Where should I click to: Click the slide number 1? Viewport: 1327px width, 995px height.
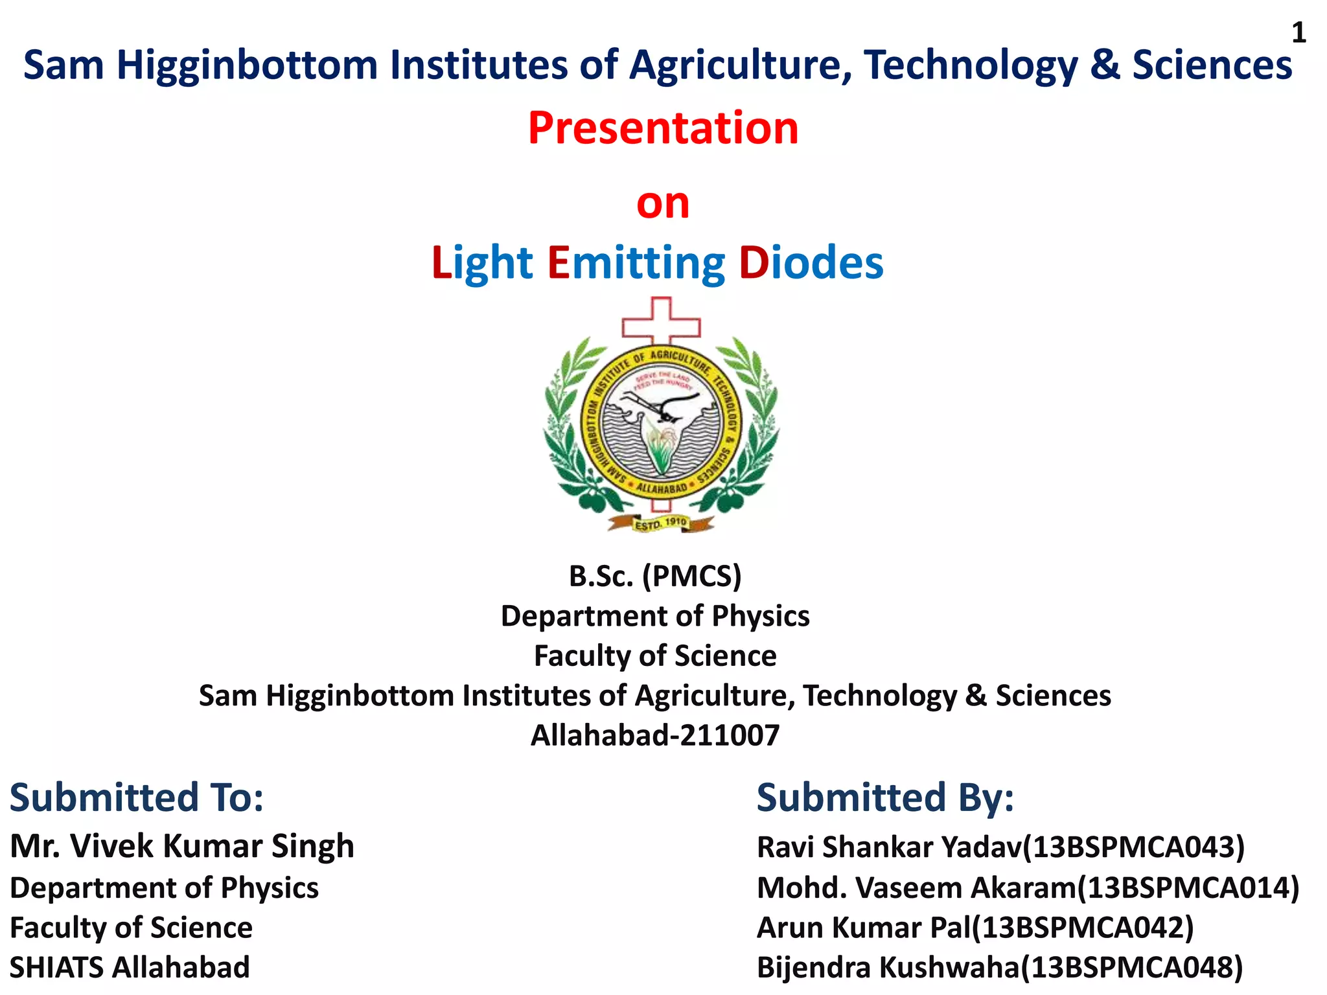(1298, 33)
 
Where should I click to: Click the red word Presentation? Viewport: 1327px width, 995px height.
(663, 128)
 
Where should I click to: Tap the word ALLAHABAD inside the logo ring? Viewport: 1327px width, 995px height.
(661, 487)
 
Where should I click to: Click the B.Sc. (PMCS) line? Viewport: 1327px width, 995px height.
(655, 576)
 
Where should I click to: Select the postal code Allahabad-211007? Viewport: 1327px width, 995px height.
(655, 735)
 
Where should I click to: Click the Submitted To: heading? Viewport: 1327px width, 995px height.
(137, 797)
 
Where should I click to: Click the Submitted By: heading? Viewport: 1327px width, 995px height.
(885, 797)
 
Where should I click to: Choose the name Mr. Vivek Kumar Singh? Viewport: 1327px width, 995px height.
(182, 846)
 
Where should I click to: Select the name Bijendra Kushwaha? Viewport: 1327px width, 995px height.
(888, 968)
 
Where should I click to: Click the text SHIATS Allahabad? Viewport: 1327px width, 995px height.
(130, 968)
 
